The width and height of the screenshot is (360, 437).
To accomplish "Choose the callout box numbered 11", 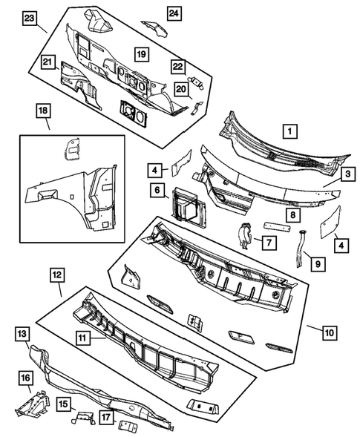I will coord(82,336).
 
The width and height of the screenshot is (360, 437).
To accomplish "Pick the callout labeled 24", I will coord(173,13).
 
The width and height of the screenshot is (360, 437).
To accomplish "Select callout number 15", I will coord(65,404).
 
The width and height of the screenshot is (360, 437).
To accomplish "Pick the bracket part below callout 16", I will coord(30,407).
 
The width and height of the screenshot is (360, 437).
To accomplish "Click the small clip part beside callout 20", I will coord(195,108).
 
